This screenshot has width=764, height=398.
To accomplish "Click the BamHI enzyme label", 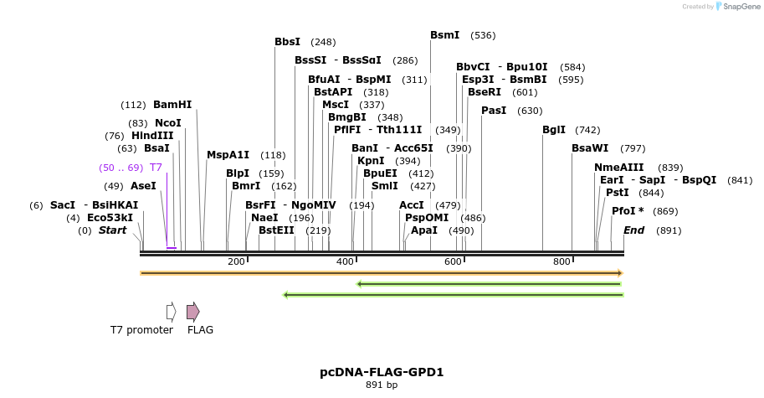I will click(x=172, y=105).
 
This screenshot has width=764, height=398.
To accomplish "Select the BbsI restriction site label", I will click(x=288, y=41).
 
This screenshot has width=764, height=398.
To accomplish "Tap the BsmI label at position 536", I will click(x=444, y=35).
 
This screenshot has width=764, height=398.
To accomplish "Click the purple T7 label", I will click(x=156, y=168).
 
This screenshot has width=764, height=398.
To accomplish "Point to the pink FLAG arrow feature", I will click(x=192, y=312).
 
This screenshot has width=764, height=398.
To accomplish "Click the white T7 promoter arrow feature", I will click(x=171, y=312).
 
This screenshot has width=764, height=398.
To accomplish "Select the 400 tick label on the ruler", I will click(x=345, y=262).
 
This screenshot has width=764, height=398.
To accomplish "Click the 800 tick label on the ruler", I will click(x=561, y=262).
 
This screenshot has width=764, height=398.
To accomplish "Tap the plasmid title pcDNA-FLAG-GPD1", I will click(x=382, y=371).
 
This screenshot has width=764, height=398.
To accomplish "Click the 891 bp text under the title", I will click(x=382, y=385).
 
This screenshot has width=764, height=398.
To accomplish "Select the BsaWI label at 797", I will click(x=590, y=148).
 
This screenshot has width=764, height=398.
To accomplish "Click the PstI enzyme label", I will click(x=617, y=193).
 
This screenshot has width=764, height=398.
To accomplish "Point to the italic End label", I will click(x=633, y=230).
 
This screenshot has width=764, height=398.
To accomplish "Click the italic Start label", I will click(x=115, y=230).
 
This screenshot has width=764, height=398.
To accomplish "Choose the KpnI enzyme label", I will click(x=371, y=161).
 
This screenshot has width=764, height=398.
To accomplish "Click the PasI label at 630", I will click(x=494, y=111).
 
